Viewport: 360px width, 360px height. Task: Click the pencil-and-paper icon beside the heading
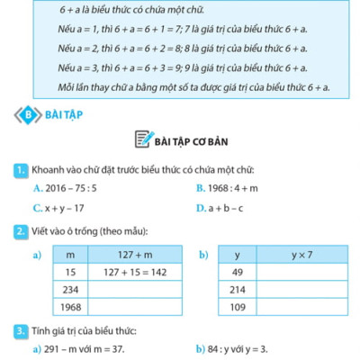tap(143, 140)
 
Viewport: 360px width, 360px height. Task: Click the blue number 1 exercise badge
tap(19, 169)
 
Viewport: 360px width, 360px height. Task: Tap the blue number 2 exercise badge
tap(19, 232)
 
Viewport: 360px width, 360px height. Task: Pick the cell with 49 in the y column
tap(238, 272)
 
